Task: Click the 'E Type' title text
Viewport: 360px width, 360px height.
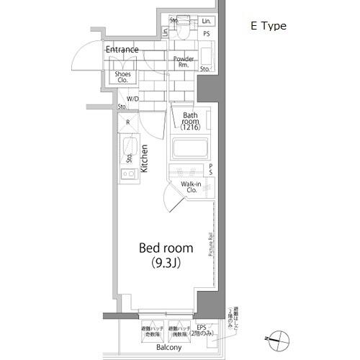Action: (x=268, y=26)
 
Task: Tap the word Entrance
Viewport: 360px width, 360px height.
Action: (x=122, y=50)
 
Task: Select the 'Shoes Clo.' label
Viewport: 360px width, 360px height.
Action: (x=122, y=77)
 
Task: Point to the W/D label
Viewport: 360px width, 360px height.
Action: (x=133, y=99)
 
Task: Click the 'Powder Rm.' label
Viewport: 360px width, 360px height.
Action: (x=185, y=61)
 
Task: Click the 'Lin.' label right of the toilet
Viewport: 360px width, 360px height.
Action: (x=207, y=21)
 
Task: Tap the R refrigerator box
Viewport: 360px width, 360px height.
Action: (x=127, y=122)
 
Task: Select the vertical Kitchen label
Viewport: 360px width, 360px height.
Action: (x=145, y=158)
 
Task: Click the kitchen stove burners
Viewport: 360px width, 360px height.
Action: (x=128, y=174)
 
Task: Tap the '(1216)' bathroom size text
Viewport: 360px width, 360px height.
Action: (x=190, y=127)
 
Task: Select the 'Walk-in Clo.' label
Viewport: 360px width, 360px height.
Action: (x=191, y=188)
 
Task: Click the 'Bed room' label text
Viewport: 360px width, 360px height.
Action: (x=165, y=248)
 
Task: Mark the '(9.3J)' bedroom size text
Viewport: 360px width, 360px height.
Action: (x=165, y=263)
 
